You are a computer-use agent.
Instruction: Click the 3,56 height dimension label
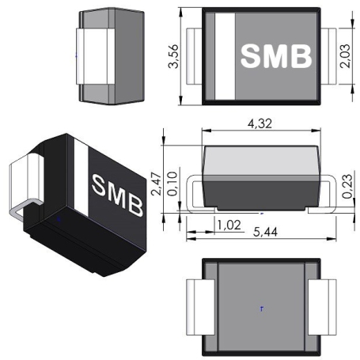(173, 56)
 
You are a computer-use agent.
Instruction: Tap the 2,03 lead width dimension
(345, 56)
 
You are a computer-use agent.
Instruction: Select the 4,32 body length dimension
(260, 123)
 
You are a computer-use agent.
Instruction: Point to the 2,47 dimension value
(156, 184)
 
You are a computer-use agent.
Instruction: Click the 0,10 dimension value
(172, 184)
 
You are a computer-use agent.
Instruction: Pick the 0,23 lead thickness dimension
(347, 186)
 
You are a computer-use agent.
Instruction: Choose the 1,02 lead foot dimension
(229, 225)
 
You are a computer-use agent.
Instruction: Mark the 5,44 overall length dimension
(265, 232)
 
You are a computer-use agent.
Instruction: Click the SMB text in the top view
(276, 56)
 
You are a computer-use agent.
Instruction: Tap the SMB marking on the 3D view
(118, 195)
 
